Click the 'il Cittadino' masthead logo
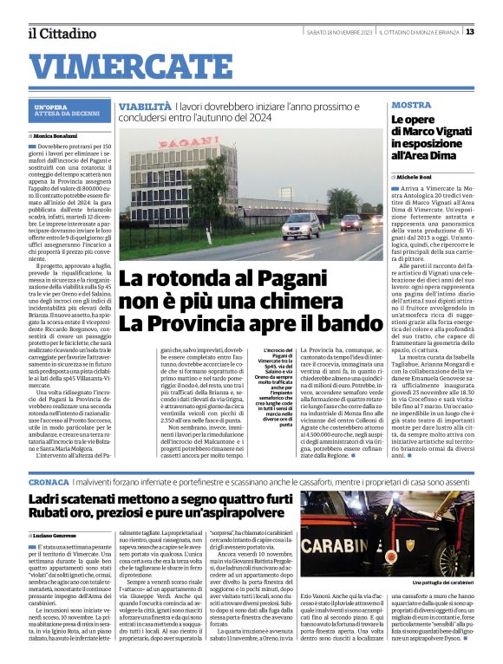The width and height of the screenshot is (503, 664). (x=62, y=33)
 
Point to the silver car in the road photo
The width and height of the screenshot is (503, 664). (x=300, y=227)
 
